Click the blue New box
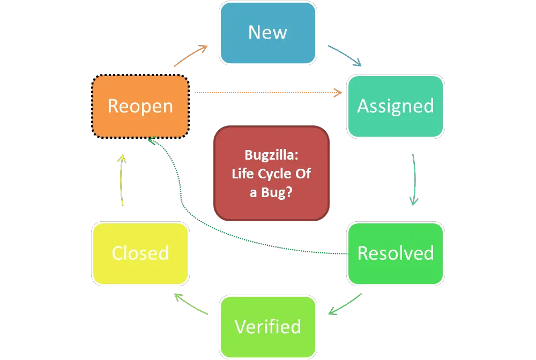click(267, 33)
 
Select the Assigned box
click(396, 106)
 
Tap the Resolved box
click(396, 253)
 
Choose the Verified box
click(267, 326)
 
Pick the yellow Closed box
click(140, 253)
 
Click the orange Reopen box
click(140, 106)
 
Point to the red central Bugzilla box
click(271, 173)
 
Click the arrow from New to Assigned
click(345, 56)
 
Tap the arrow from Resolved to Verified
click(346, 304)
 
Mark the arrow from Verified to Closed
click(191, 304)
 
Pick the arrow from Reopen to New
click(190, 56)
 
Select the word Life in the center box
click(244, 174)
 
